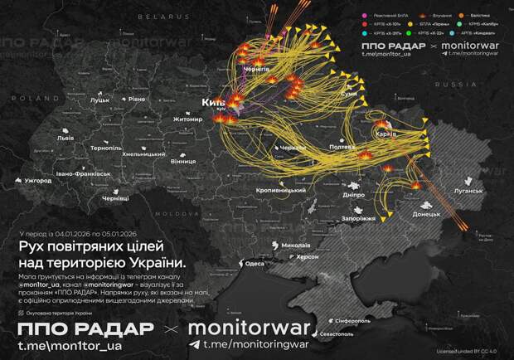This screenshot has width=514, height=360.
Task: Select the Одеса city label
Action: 254,264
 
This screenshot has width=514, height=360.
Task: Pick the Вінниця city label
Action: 182,162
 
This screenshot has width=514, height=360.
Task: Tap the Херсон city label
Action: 308,257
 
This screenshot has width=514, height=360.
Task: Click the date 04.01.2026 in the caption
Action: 80,235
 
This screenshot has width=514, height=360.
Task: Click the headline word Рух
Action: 32,247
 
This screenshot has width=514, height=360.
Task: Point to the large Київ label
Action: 214,102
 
